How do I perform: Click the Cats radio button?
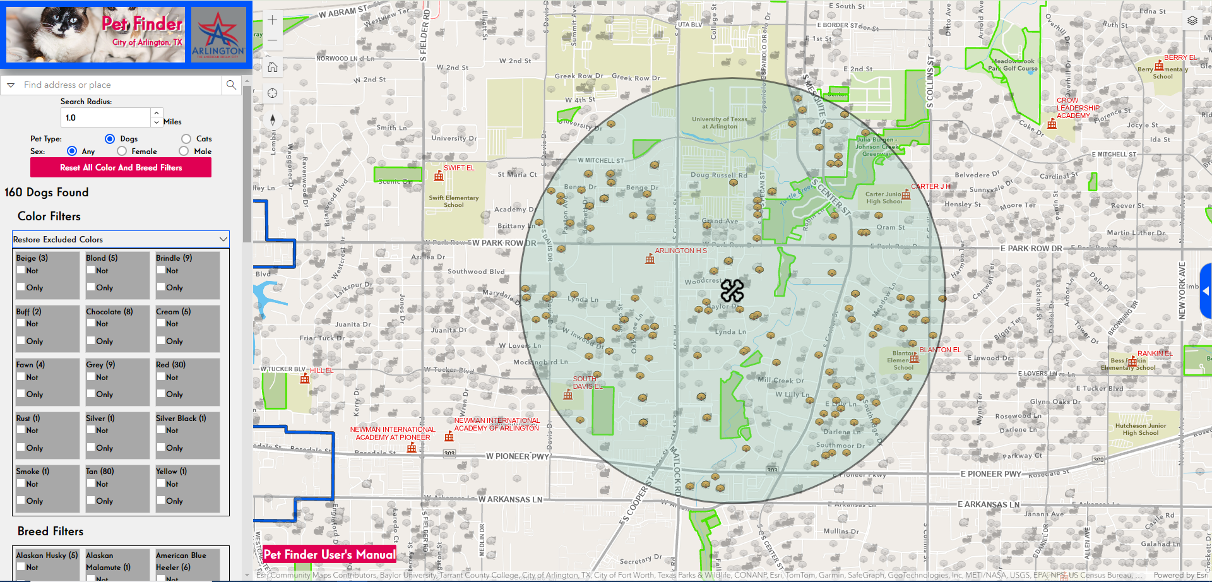186,139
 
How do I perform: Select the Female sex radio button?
122,151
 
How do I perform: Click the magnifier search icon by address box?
231,85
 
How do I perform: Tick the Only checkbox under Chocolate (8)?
91,341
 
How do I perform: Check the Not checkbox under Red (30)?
161,377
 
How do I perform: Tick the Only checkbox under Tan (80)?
91,501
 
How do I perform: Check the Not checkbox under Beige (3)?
21,270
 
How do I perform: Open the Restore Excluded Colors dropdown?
121,239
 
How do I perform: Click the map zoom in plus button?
272,20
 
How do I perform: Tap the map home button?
272,67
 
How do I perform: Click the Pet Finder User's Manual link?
330,554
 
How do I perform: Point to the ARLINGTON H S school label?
680,251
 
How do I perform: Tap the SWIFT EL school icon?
439,176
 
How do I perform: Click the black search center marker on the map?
732,290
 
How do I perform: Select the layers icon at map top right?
1192,20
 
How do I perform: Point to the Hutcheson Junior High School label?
1140,429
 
